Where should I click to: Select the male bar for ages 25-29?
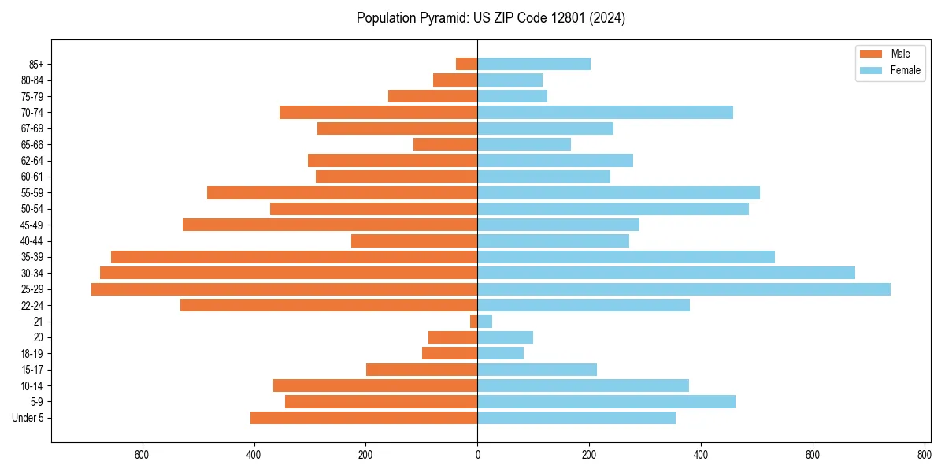click(284, 289)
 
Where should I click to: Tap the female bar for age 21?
click(485, 322)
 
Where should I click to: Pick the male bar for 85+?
click(467, 64)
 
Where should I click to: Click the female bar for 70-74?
click(605, 112)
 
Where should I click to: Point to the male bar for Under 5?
click(364, 418)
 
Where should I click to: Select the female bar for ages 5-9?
click(606, 402)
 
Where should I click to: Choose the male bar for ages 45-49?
click(330, 225)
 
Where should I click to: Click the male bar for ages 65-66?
click(446, 144)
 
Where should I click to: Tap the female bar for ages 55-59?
click(618, 193)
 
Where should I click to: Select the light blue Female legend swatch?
click(871, 71)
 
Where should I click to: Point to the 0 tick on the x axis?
click(477, 455)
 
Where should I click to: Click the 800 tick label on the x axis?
click(924, 455)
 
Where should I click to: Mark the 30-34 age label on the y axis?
click(32, 274)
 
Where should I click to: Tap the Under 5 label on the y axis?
click(28, 418)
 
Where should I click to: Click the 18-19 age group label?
click(32, 354)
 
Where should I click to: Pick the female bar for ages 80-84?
click(510, 80)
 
